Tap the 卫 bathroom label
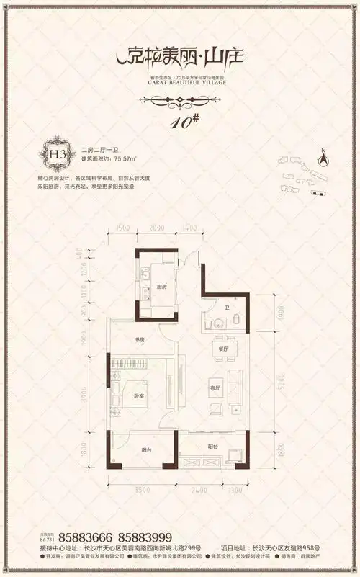(x=226, y=308)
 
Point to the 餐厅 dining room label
(x=220, y=349)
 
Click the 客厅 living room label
(x=215, y=382)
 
